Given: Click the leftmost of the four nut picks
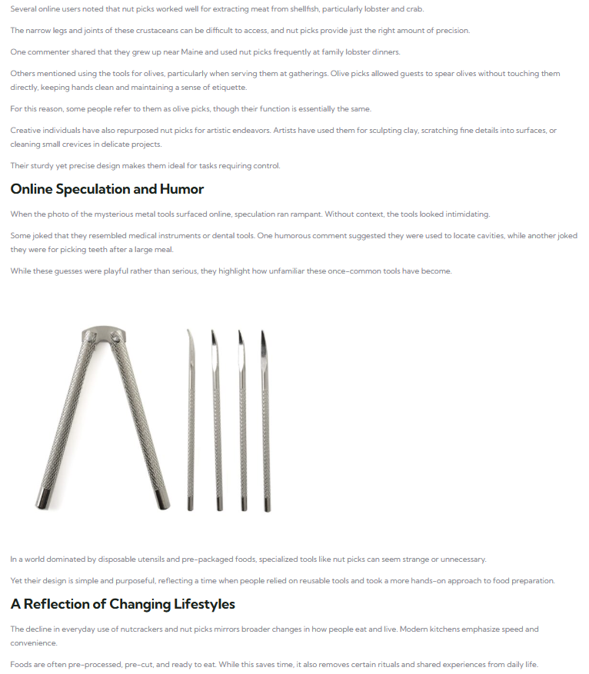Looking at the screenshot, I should click(190, 423).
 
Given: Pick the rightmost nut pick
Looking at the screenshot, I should click(265, 423).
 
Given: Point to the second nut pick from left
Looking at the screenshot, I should click(217, 423).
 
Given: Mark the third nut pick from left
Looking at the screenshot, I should click(243, 423).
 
